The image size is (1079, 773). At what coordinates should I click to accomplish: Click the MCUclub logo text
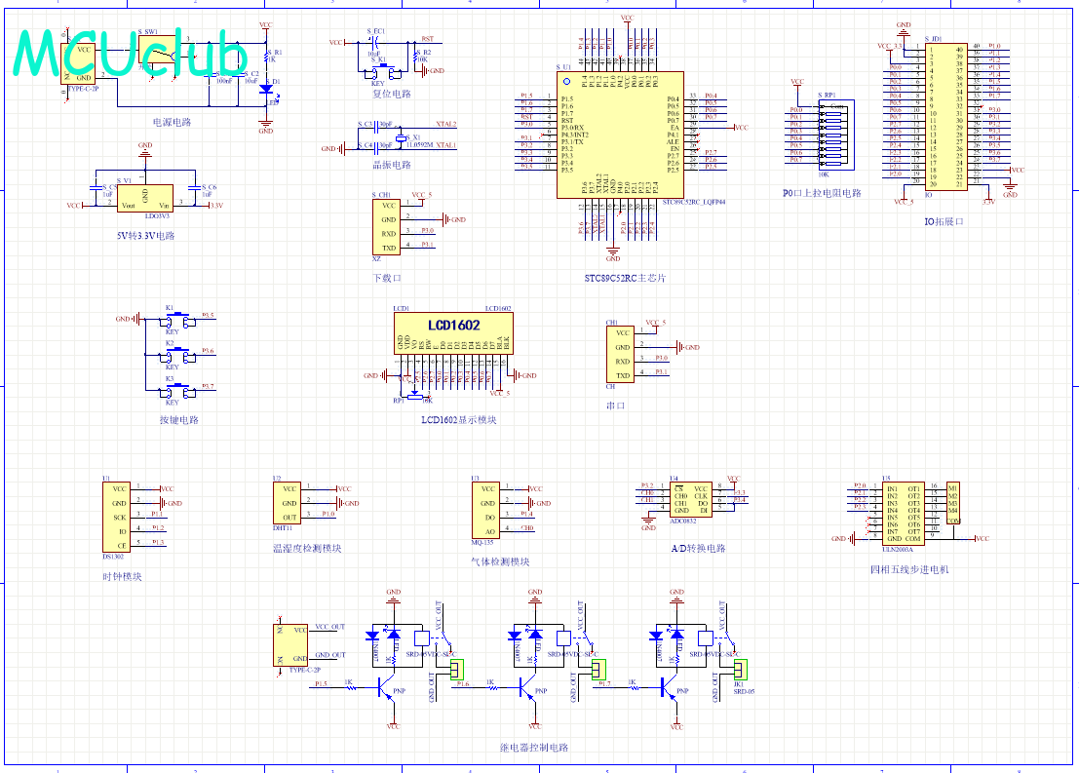(133, 55)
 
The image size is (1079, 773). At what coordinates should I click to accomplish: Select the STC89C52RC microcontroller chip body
(620, 135)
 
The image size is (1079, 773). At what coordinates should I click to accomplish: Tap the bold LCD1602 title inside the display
(453, 324)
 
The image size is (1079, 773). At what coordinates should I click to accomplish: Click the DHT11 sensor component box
(289, 503)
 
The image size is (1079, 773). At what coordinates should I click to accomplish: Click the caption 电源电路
(172, 123)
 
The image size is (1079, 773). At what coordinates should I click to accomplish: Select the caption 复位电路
(392, 95)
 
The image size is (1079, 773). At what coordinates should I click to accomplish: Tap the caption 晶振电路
(392, 166)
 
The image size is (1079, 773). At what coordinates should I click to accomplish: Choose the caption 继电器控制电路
(533, 748)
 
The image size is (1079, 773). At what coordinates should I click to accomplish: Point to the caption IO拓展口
(944, 221)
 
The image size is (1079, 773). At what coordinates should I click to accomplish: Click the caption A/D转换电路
(698, 549)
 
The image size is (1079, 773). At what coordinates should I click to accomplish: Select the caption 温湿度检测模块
(307, 549)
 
